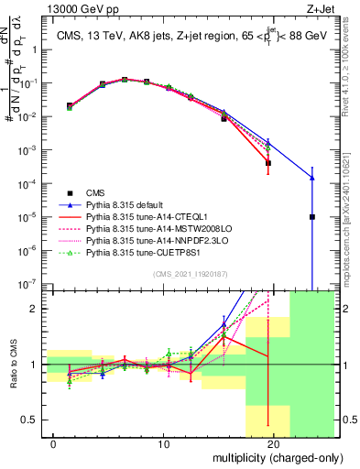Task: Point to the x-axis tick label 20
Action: (274, 444)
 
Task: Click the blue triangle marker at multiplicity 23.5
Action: (312, 178)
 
